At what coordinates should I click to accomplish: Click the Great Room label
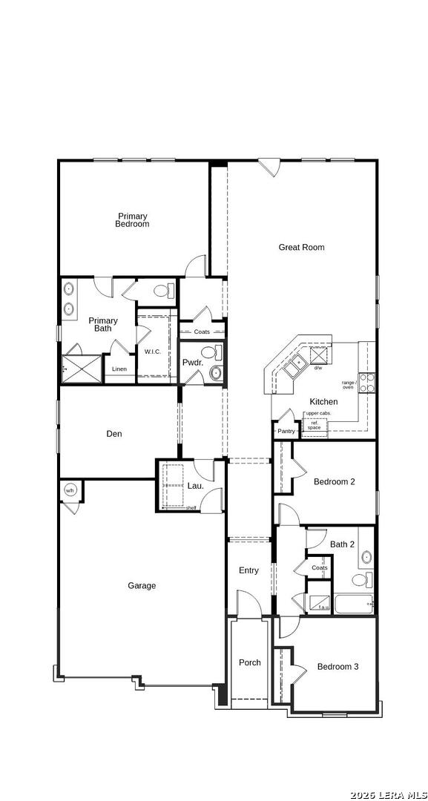pos(301,248)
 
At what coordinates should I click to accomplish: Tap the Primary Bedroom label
pos(132,220)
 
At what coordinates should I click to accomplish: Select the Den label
pos(113,435)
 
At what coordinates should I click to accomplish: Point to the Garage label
pos(142,586)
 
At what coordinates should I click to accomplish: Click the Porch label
pos(249,663)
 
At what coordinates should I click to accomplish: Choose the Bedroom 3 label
pos(338,667)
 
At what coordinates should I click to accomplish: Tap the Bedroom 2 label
pos(334,482)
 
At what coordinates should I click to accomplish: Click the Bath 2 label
pos(342,544)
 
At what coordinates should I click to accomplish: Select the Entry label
pos(248,570)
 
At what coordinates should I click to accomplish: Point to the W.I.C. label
pos(153,352)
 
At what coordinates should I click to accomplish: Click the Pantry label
pos(286,431)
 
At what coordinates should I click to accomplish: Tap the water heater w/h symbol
pos(70,490)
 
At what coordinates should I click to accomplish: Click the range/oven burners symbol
pos(366,383)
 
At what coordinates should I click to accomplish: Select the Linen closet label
pos(119,369)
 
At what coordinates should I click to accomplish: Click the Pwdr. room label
pos(192,363)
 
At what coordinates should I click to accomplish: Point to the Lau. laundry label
pos(195,486)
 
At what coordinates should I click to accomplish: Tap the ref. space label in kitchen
pos(314,425)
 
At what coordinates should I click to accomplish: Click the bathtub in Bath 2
pos(352,604)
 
